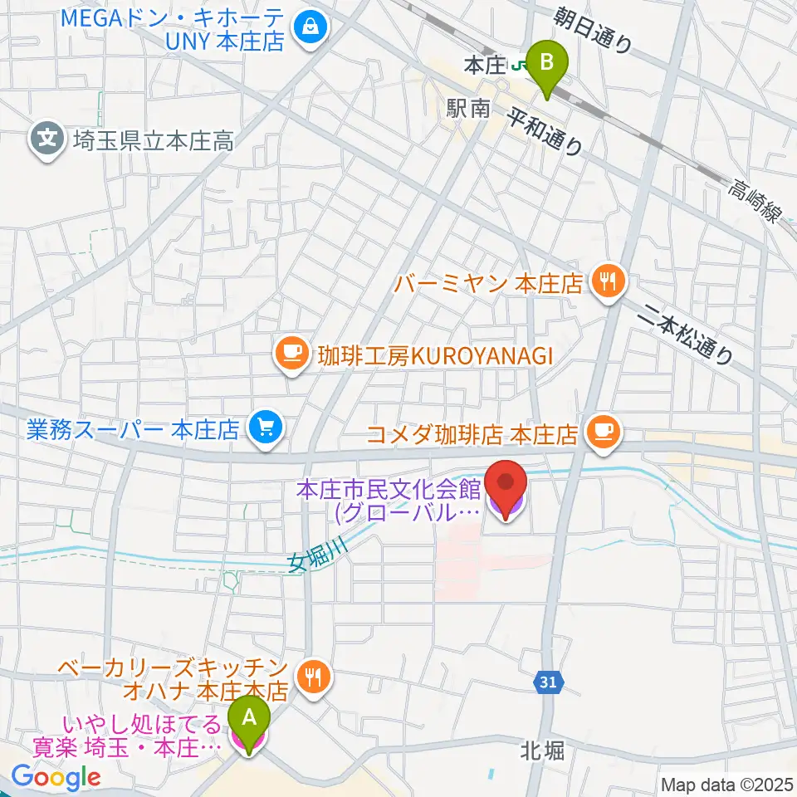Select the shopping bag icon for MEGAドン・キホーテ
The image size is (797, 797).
[x=310, y=27]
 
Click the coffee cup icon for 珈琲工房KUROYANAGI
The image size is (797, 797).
[x=291, y=355]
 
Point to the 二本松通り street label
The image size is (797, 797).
[x=690, y=331]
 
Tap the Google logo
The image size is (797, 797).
[x=56, y=777]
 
